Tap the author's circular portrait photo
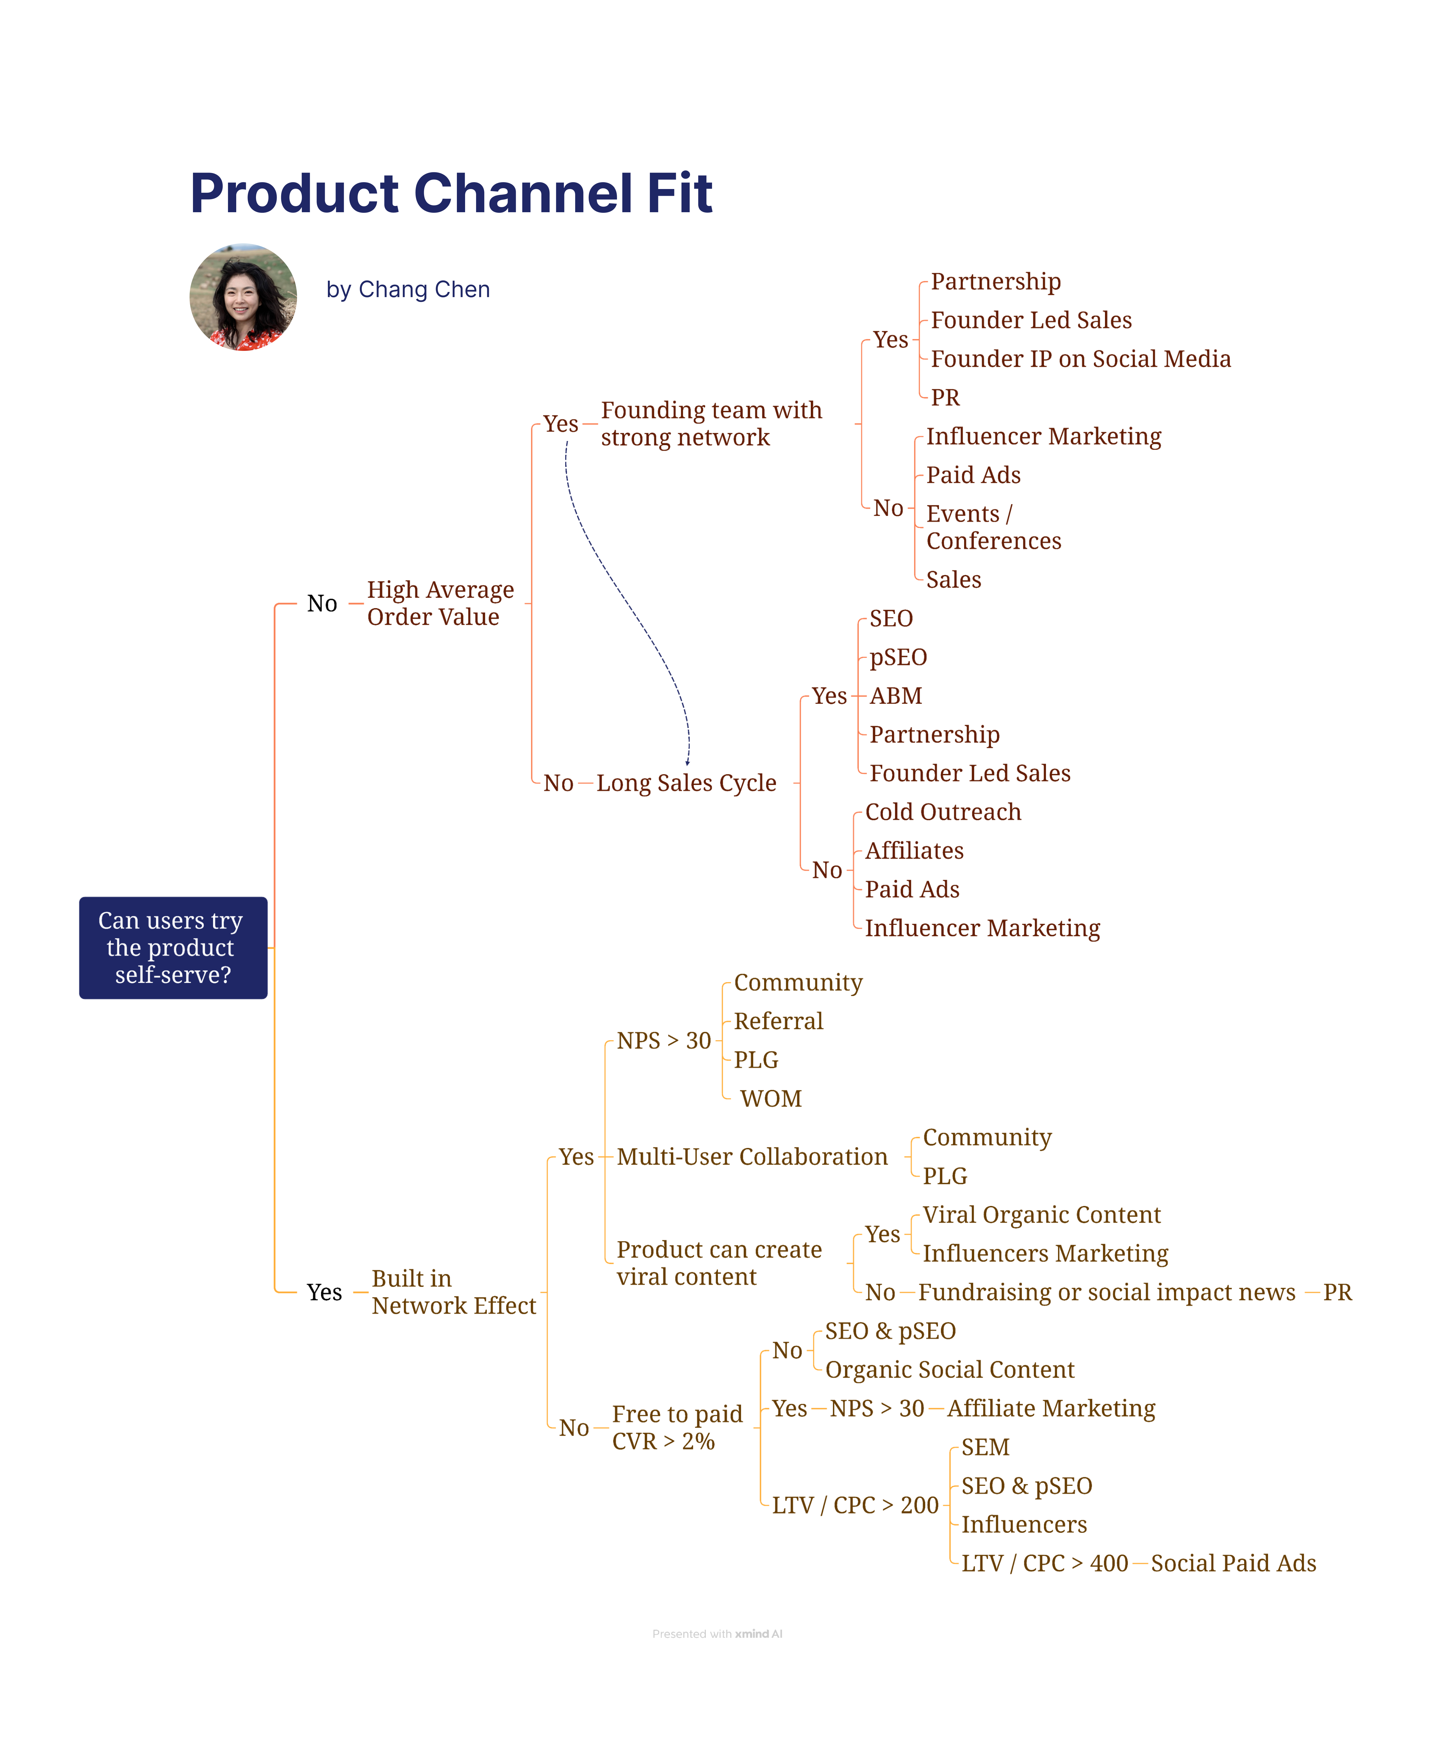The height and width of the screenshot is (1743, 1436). click(243, 297)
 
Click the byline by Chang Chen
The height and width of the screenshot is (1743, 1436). click(408, 289)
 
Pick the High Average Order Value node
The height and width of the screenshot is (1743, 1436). click(440, 603)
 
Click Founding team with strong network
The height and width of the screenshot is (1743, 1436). click(711, 424)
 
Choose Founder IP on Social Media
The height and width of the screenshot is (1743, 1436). click(1080, 359)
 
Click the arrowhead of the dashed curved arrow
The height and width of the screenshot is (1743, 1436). click(687, 762)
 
